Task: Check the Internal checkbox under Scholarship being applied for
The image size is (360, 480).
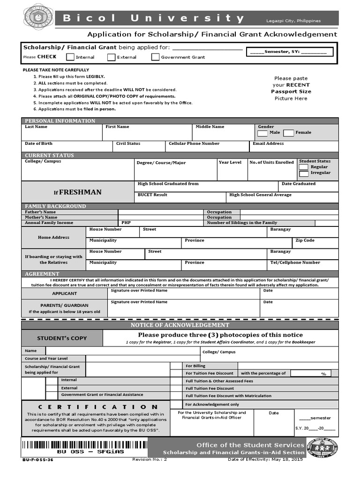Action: [x=70, y=57]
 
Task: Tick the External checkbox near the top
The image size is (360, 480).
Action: [x=111, y=57]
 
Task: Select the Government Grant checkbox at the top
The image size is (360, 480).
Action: [x=155, y=57]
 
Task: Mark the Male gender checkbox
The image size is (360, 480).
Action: [x=263, y=133]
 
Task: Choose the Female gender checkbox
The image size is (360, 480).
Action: [x=289, y=133]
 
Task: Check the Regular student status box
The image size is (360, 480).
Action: [x=304, y=167]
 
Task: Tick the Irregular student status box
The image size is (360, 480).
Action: [x=304, y=173]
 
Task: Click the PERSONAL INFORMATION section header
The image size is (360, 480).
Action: [x=60, y=121]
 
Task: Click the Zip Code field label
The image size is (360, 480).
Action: [x=305, y=240]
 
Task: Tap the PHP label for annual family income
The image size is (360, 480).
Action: [x=126, y=223]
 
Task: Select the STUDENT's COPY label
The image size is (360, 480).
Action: [x=62, y=338]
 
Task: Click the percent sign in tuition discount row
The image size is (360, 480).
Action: [x=323, y=374]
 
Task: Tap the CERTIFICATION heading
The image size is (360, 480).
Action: [x=91, y=407]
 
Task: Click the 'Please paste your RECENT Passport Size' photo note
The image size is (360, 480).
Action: [x=291, y=88]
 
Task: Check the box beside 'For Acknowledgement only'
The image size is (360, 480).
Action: [x=176, y=404]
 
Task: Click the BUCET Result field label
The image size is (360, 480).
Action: [x=152, y=195]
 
